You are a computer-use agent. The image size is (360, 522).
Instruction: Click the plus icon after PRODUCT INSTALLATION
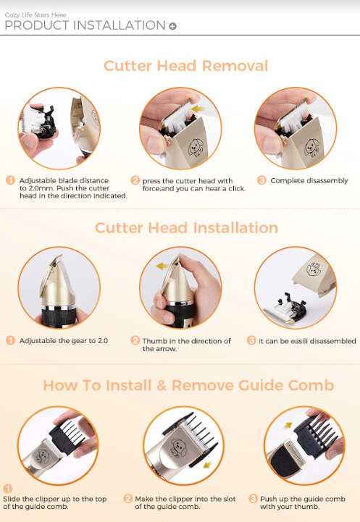click(172, 26)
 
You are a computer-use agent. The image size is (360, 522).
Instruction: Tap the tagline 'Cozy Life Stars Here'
click(35, 15)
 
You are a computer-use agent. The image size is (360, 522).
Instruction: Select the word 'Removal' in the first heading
click(235, 66)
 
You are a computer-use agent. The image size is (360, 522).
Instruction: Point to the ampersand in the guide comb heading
click(162, 385)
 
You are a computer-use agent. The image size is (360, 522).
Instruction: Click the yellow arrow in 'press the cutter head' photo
click(198, 109)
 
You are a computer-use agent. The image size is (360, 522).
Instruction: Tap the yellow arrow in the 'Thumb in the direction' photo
click(162, 266)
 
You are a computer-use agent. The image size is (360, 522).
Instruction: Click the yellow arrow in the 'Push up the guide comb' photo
click(288, 426)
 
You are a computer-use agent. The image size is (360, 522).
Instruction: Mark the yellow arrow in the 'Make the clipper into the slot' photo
click(208, 464)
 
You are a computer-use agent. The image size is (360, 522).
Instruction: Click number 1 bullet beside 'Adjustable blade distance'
click(11, 180)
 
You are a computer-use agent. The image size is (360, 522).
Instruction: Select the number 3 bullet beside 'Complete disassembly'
click(261, 180)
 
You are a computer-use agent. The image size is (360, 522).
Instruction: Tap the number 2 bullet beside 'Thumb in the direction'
click(135, 340)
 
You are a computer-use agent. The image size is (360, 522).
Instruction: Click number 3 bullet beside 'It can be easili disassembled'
click(251, 340)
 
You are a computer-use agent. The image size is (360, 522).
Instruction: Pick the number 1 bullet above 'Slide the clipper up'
click(8, 489)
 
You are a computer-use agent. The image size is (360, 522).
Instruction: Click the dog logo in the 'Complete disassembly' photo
click(312, 148)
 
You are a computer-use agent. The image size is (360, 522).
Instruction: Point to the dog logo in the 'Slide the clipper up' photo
click(42, 456)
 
